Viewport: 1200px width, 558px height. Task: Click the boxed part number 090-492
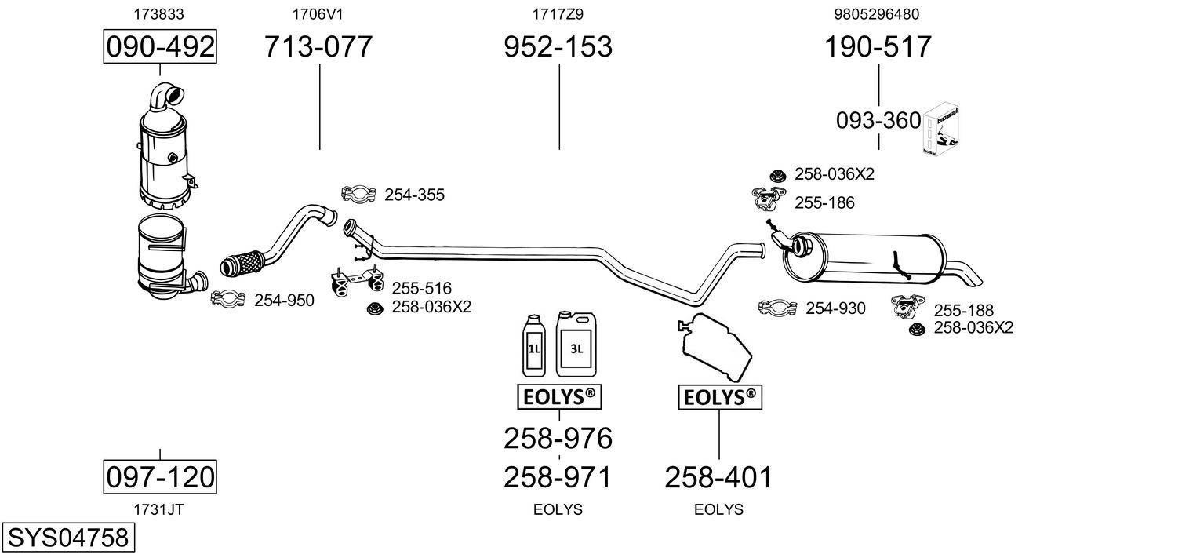(x=160, y=46)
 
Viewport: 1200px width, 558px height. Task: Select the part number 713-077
(x=318, y=46)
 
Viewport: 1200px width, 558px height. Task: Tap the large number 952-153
(x=558, y=46)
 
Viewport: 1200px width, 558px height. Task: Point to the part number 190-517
(x=878, y=46)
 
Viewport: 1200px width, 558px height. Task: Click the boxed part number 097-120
(x=160, y=476)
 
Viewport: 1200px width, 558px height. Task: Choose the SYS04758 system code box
(x=68, y=537)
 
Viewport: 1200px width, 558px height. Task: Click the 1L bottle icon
(x=533, y=345)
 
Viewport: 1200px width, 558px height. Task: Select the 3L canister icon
(x=576, y=344)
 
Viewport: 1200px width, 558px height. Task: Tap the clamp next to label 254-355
(x=358, y=194)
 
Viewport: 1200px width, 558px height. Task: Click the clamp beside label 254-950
(x=228, y=298)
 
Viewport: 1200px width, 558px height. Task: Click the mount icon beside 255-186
(x=769, y=199)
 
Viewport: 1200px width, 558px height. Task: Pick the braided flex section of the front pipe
(x=242, y=264)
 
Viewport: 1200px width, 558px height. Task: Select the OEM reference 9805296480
(x=876, y=14)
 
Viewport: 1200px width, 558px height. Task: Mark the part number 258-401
(x=718, y=477)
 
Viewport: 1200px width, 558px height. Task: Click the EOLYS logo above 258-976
(x=559, y=396)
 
